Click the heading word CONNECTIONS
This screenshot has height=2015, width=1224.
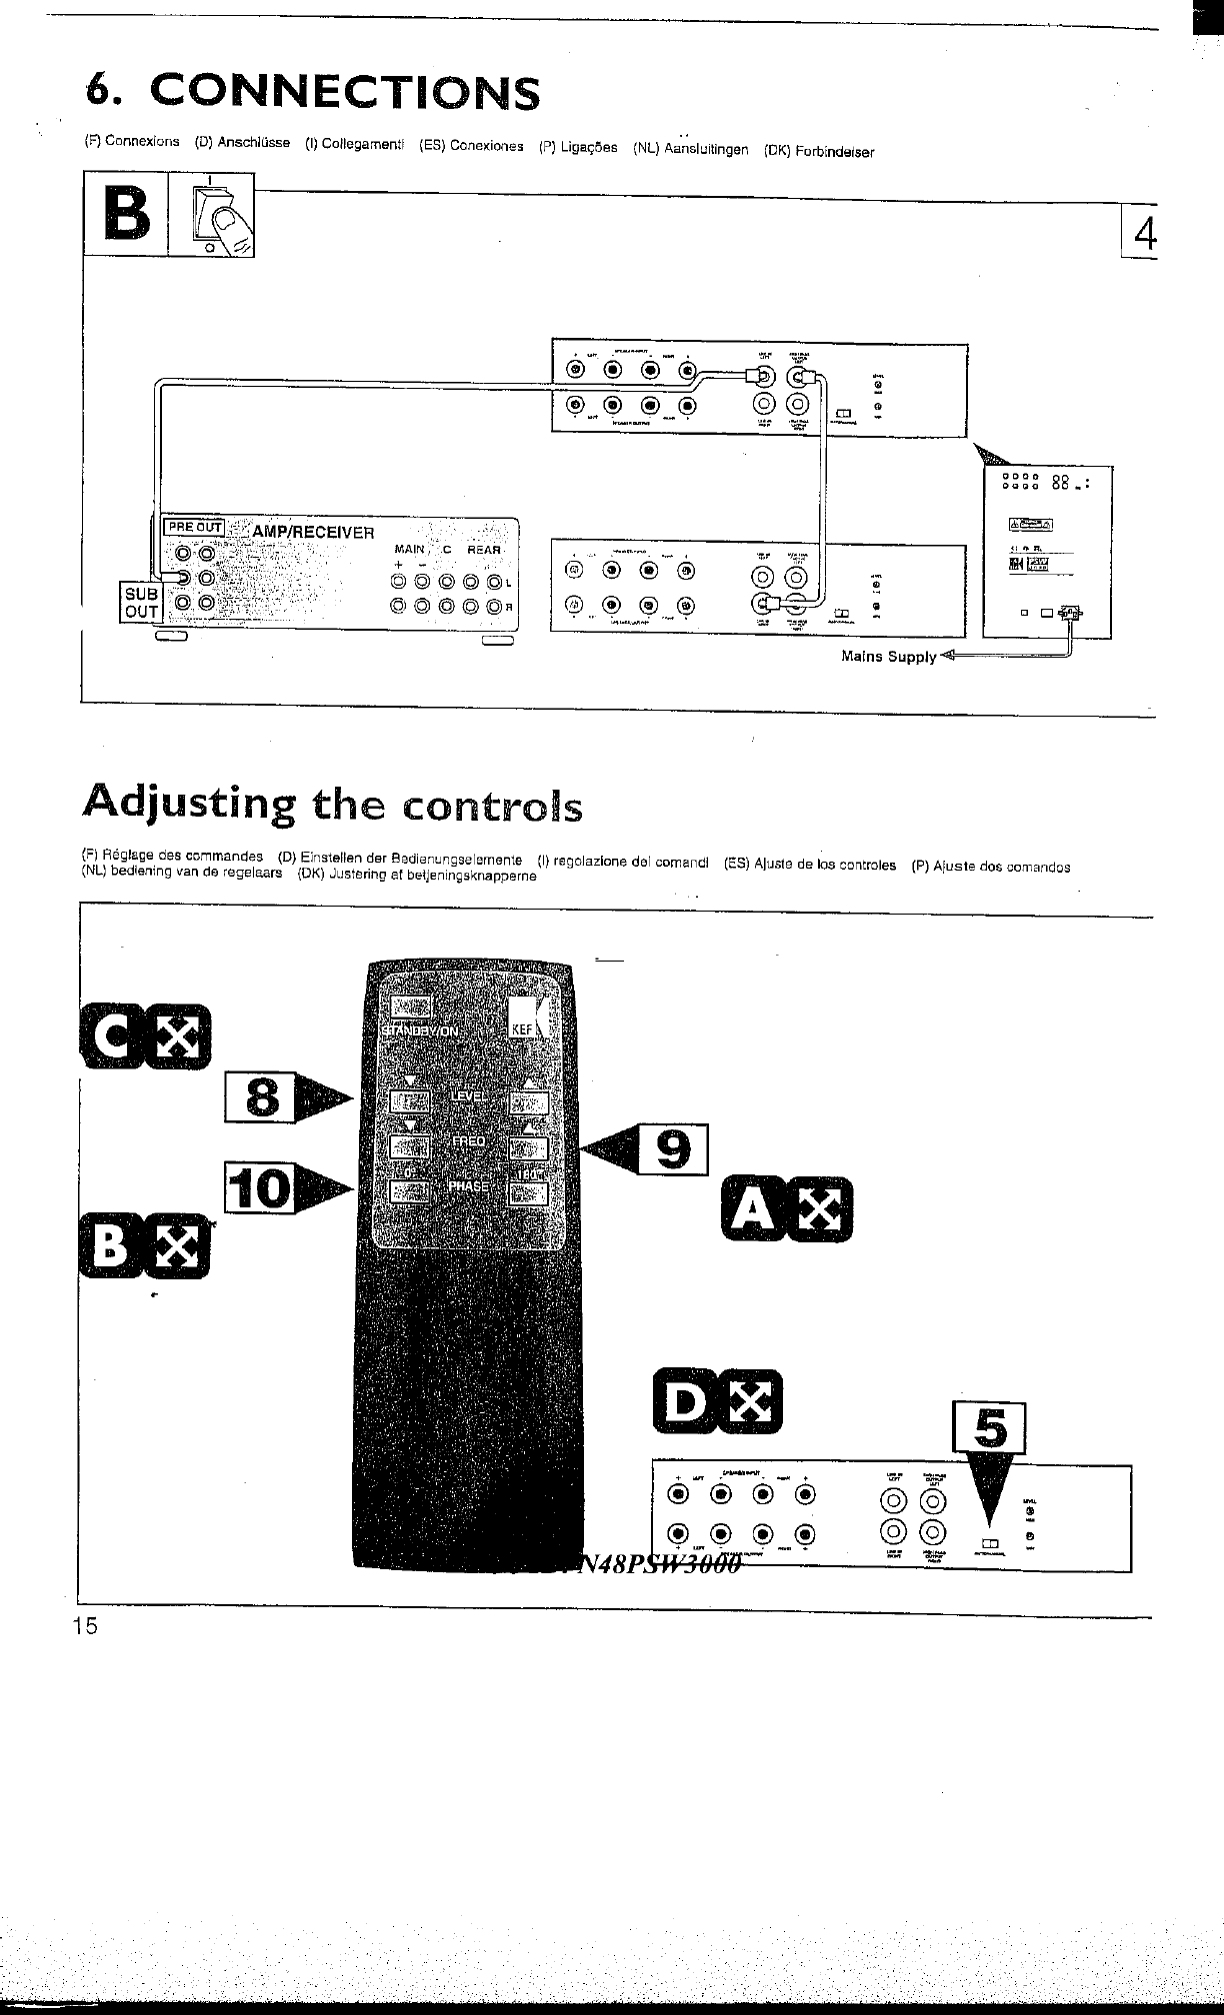click(x=343, y=93)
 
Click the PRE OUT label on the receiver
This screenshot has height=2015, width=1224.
click(x=194, y=527)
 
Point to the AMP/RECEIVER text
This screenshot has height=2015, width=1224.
click(x=312, y=532)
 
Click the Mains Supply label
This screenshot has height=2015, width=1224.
click(x=888, y=657)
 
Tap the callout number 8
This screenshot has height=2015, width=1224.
click(x=262, y=1096)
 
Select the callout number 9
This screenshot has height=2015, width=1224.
click(x=674, y=1150)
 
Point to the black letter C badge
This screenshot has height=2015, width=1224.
click(x=109, y=1039)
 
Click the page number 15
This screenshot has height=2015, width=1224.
click(x=85, y=1627)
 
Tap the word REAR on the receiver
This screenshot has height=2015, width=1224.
click(x=484, y=550)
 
